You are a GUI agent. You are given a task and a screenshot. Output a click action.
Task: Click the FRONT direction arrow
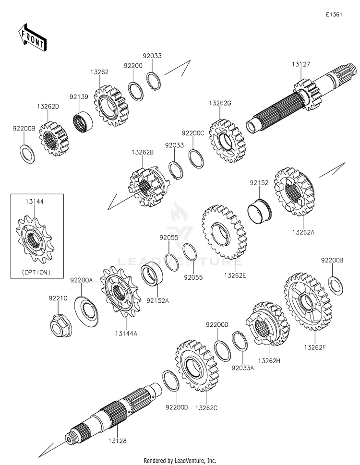(32, 38)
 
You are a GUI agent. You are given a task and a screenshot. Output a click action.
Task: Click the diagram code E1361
(334, 14)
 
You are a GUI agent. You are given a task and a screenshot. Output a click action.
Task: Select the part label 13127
(300, 64)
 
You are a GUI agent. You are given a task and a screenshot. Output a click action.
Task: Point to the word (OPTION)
(36, 272)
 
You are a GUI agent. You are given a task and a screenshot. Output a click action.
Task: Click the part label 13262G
(220, 103)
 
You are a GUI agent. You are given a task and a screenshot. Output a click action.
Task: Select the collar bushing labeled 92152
(259, 211)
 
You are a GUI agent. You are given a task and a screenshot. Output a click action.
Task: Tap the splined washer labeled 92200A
(86, 311)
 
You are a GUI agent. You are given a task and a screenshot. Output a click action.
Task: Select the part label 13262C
(206, 408)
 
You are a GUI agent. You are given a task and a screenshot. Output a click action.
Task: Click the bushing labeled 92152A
(152, 275)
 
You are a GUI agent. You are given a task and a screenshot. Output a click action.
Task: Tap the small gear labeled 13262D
(52, 139)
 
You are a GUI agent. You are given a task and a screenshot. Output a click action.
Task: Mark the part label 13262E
(235, 275)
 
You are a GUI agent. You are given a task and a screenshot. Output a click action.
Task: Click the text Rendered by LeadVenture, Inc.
(180, 461)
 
